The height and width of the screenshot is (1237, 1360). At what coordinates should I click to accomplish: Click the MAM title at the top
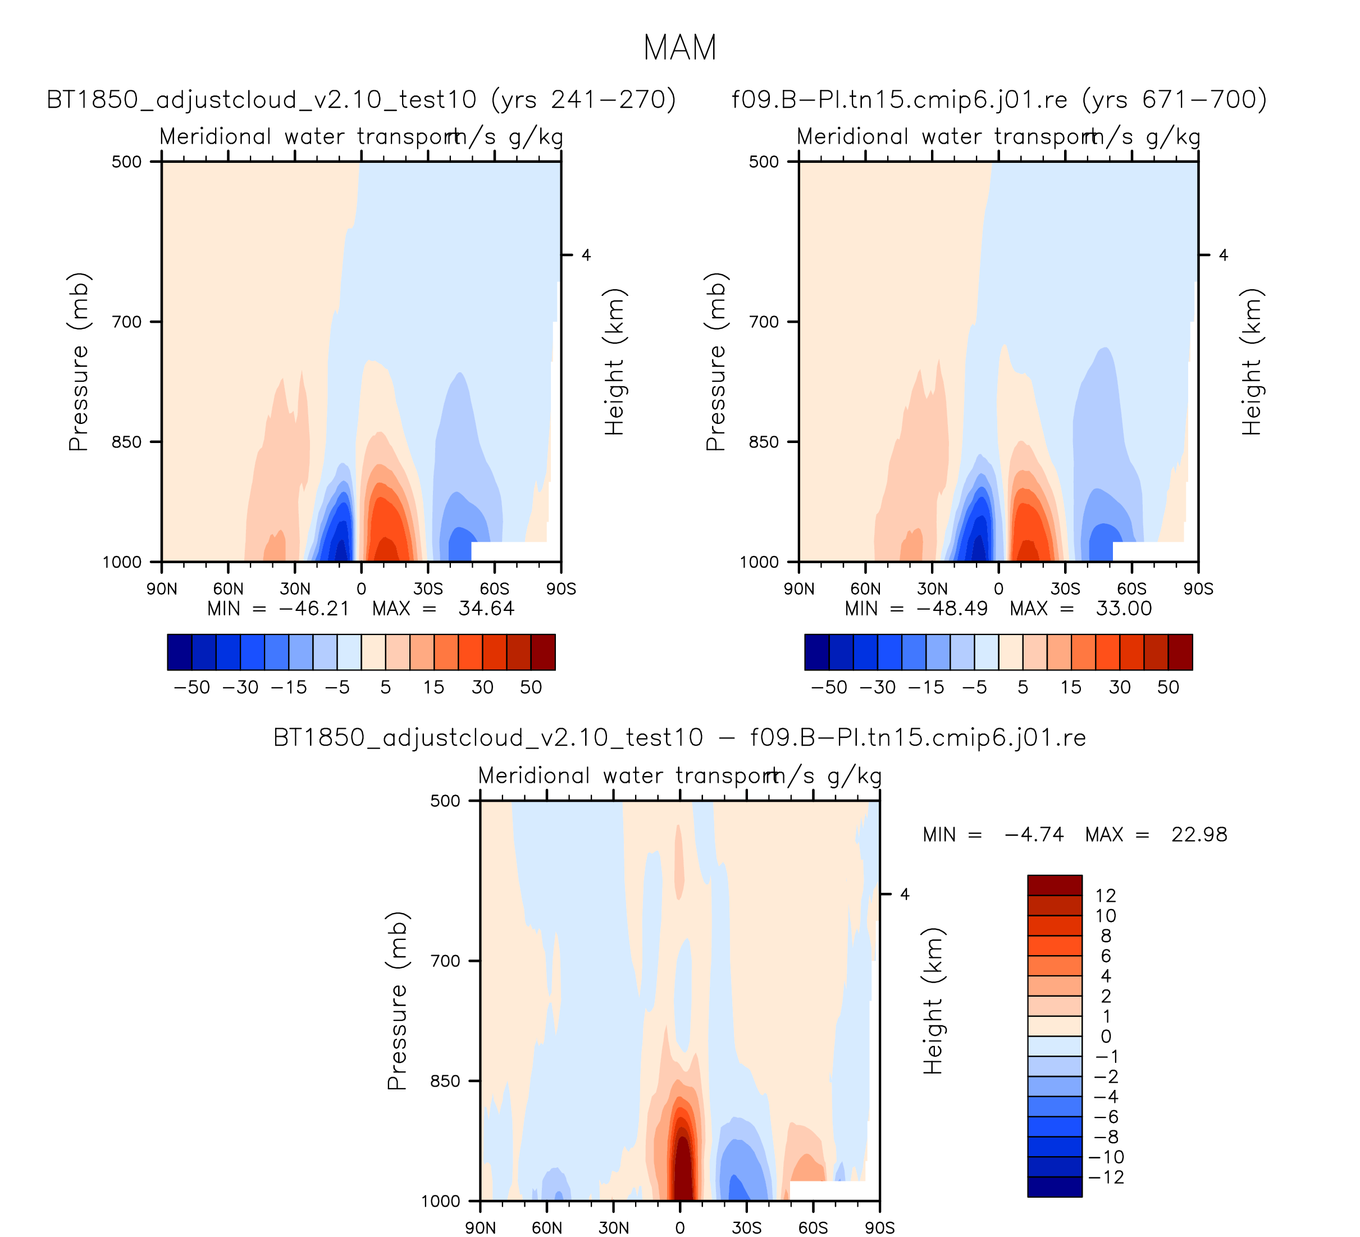pyautogui.click(x=679, y=48)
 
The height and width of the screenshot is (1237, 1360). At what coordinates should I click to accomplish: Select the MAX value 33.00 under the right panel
pyautogui.click(x=1123, y=609)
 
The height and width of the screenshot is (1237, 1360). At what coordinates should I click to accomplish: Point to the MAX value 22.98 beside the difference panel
pyautogui.click(x=1199, y=835)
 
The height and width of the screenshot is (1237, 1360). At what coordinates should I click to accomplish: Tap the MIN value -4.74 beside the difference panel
pyautogui.click(x=1034, y=835)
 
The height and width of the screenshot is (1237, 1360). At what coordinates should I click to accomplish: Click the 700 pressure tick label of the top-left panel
pyautogui.click(x=127, y=322)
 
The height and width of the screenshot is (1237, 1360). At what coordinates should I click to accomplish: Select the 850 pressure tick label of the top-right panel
pyautogui.click(x=764, y=442)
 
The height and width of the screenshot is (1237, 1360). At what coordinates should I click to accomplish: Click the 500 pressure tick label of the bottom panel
pyautogui.click(x=446, y=801)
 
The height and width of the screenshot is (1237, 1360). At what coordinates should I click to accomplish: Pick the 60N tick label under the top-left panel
pyautogui.click(x=228, y=589)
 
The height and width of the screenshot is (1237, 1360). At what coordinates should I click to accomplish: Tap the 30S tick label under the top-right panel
pyautogui.click(x=1065, y=589)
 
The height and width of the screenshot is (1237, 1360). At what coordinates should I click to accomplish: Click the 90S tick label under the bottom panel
pyautogui.click(x=880, y=1227)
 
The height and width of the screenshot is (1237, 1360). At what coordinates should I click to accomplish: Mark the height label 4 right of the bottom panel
pyautogui.click(x=905, y=894)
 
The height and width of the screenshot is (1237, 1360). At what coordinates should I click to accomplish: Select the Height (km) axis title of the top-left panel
pyautogui.click(x=614, y=362)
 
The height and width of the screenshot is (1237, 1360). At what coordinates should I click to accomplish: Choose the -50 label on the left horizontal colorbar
pyautogui.click(x=191, y=687)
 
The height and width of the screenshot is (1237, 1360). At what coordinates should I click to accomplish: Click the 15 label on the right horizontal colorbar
pyautogui.click(x=1071, y=687)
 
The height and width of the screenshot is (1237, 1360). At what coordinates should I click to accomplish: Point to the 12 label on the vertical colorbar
pyautogui.click(x=1106, y=896)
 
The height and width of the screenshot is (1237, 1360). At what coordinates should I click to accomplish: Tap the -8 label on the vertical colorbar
pyautogui.click(x=1105, y=1136)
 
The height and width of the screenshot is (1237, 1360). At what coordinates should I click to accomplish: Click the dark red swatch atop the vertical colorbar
pyautogui.click(x=1055, y=885)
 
